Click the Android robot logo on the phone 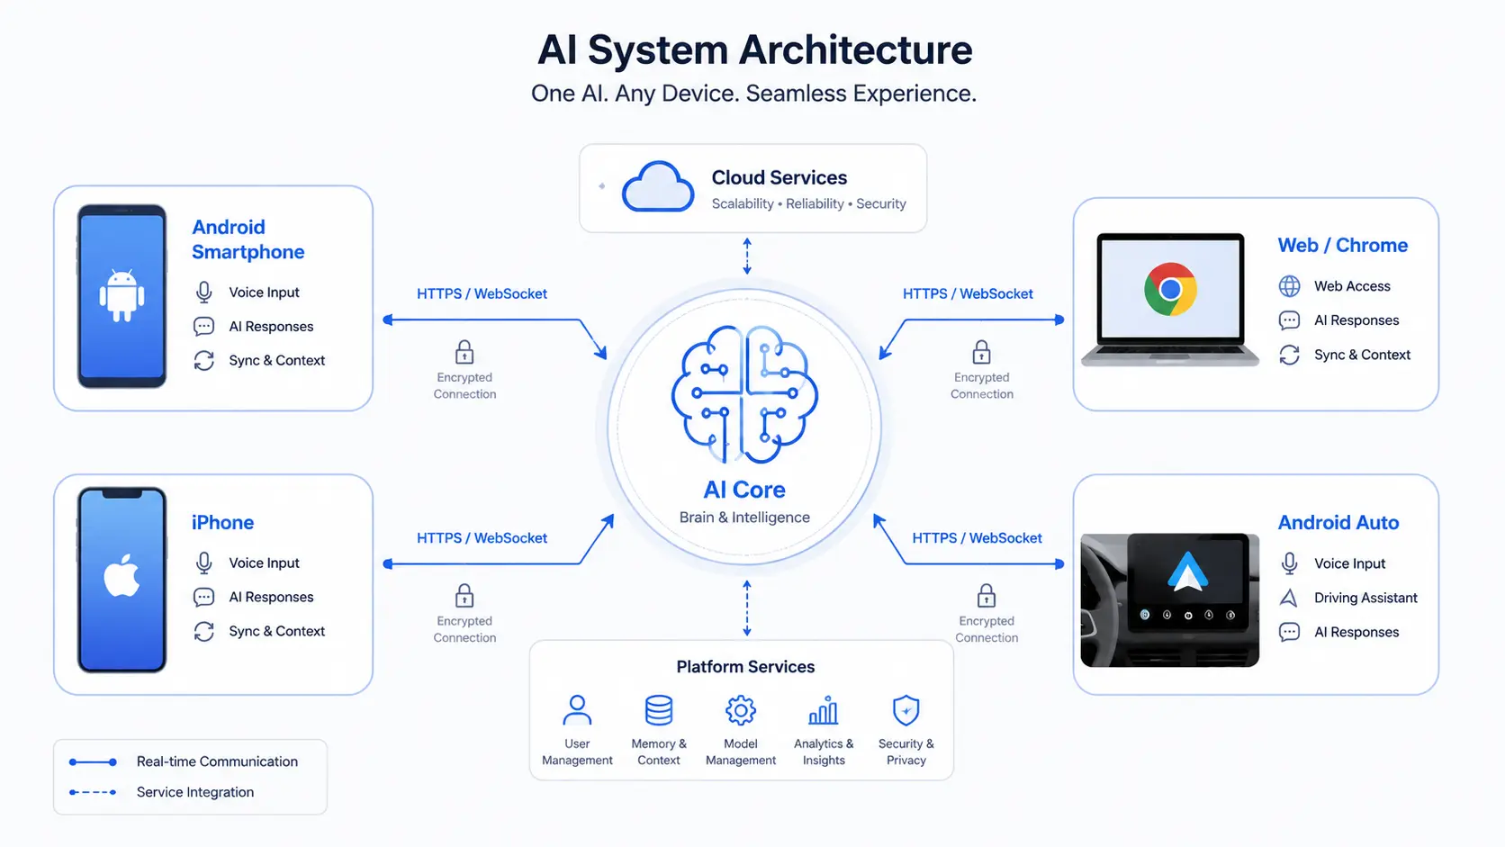[x=122, y=295]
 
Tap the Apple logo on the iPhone [x=122, y=575]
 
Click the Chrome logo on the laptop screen [x=1170, y=289]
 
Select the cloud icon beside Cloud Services [x=658, y=186]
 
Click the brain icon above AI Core [x=744, y=394]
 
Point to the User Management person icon [x=577, y=710]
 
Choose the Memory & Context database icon [x=659, y=710]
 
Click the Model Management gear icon [x=741, y=710]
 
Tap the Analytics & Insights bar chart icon [x=823, y=710]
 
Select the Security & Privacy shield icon [x=906, y=710]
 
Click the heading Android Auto [x=1338, y=522]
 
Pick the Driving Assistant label [x=1365, y=597]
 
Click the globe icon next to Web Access [x=1289, y=285]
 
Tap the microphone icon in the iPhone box [x=203, y=563]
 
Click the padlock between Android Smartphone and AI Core [x=464, y=351]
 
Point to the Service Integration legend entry [x=194, y=792]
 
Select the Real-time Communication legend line [x=94, y=761]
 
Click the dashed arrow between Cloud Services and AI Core [x=747, y=256]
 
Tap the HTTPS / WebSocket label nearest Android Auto [x=977, y=537]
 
